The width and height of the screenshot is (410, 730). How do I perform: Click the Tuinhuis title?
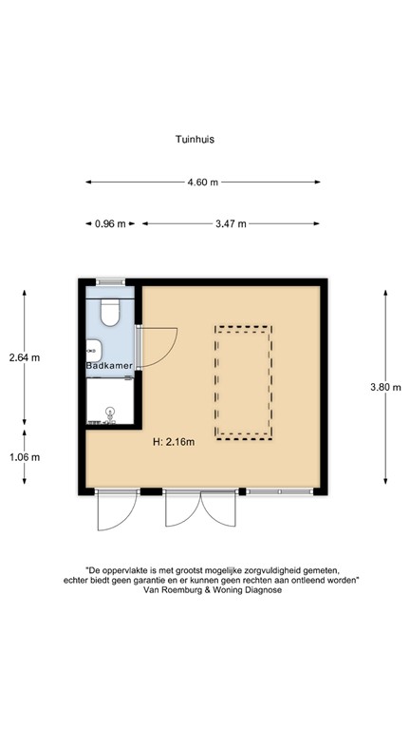(195, 139)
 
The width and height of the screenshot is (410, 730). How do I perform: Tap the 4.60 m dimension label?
(203, 182)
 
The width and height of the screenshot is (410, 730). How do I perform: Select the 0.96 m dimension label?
(110, 223)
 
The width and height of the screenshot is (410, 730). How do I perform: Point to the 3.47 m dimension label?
(231, 223)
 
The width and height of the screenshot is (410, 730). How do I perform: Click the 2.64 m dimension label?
(25, 357)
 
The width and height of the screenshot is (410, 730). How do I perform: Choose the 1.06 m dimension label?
(25, 457)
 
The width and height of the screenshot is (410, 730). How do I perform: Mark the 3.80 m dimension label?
(385, 387)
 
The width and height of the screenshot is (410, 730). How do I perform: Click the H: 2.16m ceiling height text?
(174, 442)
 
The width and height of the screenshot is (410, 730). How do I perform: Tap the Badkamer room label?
(109, 365)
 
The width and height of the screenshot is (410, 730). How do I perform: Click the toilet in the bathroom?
(110, 312)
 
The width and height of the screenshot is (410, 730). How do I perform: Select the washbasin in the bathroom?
(94, 350)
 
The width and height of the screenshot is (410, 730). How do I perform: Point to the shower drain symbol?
(110, 413)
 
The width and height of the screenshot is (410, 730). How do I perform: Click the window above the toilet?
(111, 281)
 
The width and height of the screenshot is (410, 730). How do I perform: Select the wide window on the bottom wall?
(279, 491)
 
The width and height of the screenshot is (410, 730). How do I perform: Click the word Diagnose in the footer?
(266, 590)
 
